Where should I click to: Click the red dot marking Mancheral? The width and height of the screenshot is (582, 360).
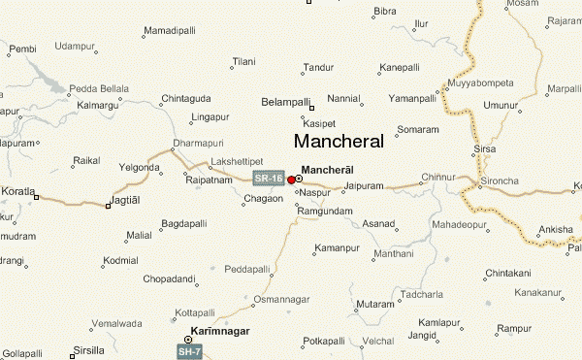pos(291,180)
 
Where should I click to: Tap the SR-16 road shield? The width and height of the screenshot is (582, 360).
pos(268,179)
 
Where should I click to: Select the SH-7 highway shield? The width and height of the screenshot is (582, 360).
pos(188,348)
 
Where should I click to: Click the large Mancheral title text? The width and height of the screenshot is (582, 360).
pos(338,141)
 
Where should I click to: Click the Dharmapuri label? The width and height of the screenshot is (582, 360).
pos(190,144)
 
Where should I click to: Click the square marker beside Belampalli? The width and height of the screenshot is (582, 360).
pos(312,106)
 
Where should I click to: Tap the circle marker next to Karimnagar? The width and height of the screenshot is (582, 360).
pos(188,339)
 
